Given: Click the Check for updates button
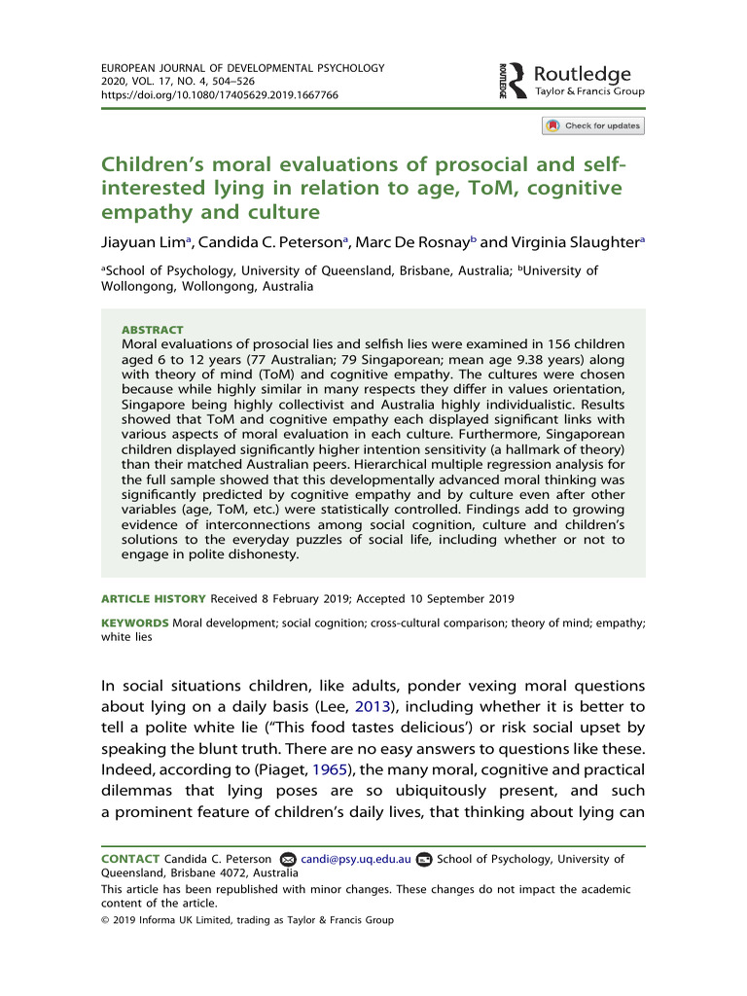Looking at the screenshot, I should point(593,125).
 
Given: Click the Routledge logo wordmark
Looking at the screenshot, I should point(583,75).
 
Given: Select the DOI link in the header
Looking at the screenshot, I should point(220,96).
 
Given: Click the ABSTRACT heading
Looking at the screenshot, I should point(152,330).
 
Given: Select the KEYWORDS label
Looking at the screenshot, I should point(135,622).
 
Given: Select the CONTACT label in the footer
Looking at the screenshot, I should point(132,859).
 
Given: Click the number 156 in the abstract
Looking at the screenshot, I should point(565,343).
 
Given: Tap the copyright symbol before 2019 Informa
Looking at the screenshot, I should point(106,920).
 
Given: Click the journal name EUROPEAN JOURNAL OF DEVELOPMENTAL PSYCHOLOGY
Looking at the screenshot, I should point(243,69).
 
